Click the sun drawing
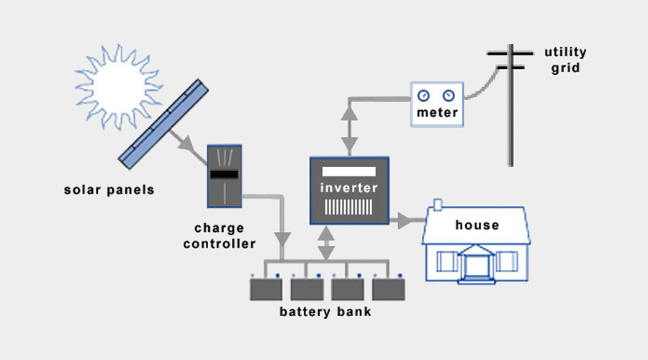click(119, 88)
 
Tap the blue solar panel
click(163, 124)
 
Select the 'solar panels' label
click(109, 189)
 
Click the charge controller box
click(225, 176)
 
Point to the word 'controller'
click(220, 244)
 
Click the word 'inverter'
click(349, 188)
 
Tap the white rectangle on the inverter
click(348, 171)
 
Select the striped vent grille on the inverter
click(348, 207)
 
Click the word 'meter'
click(437, 113)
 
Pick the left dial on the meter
click(423, 96)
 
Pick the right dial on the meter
click(449, 96)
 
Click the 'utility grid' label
click(565, 60)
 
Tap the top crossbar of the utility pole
click(510, 53)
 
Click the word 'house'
click(477, 225)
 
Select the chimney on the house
click(438, 204)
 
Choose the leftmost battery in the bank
click(266, 289)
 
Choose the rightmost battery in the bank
click(389, 289)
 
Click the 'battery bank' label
click(325, 312)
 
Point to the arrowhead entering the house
click(405, 221)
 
